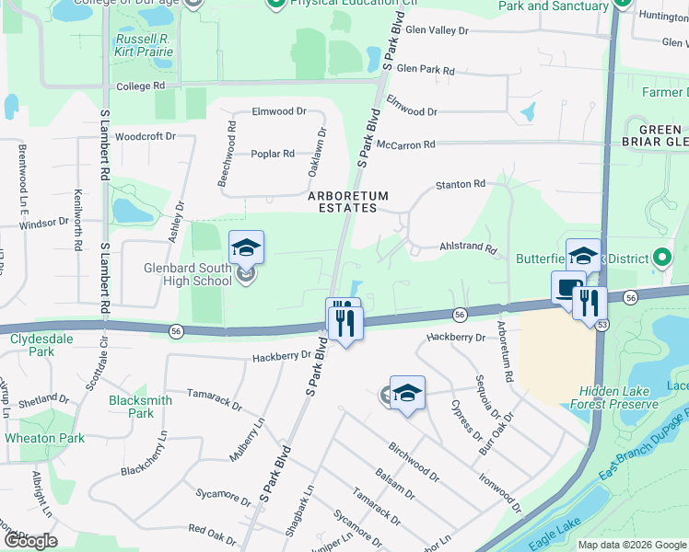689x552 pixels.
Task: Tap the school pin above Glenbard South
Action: (246, 248)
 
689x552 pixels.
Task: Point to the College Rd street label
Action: (140, 86)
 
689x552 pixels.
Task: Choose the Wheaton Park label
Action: (44, 438)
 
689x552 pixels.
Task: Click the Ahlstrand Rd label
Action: (468, 248)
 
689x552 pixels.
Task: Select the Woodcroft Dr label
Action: (146, 136)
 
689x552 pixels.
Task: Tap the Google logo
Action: (30, 541)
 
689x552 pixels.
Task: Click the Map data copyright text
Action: (631, 545)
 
